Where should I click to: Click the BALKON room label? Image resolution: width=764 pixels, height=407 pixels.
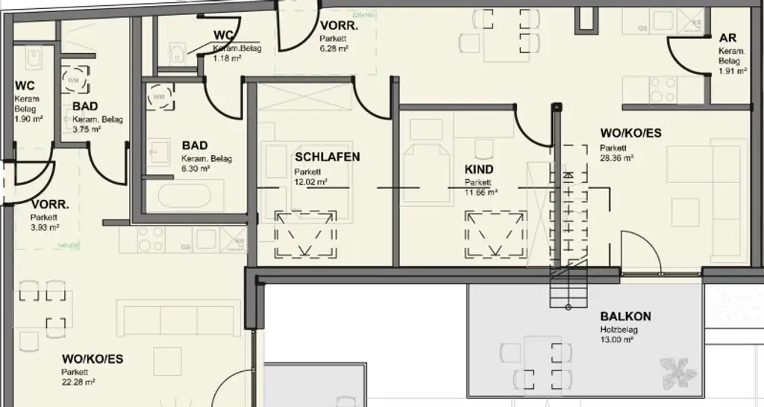(x=625, y=316)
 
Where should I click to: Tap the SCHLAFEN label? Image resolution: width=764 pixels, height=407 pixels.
(x=328, y=157)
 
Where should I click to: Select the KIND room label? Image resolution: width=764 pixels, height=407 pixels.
(x=479, y=170)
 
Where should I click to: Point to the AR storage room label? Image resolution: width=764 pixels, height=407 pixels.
(x=728, y=38)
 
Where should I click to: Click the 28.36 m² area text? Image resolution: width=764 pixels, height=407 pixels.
(x=616, y=158)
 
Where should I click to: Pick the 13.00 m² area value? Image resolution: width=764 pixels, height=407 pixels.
(x=616, y=340)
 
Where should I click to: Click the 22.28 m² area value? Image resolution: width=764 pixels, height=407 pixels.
(x=79, y=382)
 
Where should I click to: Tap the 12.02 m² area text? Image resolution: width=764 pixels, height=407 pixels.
(x=311, y=182)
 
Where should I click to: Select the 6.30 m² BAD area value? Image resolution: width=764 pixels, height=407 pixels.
(x=195, y=170)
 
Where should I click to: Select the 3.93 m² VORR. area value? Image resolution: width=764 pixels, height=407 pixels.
(x=45, y=228)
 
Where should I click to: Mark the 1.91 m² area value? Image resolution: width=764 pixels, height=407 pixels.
(x=732, y=72)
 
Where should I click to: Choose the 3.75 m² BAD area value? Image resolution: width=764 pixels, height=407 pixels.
(x=87, y=129)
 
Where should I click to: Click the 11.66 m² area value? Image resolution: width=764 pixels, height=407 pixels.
(x=481, y=192)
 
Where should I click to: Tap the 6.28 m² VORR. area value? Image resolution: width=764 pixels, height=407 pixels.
(x=335, y=48)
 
